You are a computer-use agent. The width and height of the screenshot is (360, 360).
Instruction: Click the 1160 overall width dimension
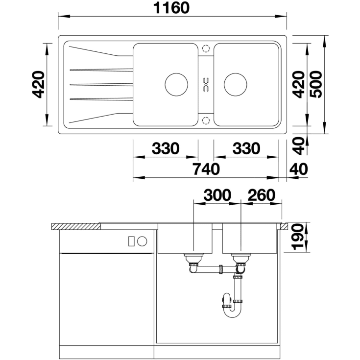pyautogui.click(x=171, y=8)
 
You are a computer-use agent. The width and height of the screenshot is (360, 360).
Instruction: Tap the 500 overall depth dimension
pyautogui.click(x=316, y=84)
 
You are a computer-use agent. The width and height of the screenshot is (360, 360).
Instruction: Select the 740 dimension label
pyautogui.click(x=206, y=169)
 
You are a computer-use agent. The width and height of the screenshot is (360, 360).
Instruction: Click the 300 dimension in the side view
pyautogui.click(x=217, y=195)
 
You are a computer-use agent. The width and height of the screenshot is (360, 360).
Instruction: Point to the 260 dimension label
pyautogui.click(x=262, y=195)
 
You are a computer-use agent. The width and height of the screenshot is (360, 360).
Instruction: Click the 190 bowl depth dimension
pyautogui.click(x=297, y=237)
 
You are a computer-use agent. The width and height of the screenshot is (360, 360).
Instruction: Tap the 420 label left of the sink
pyautogui.click(x=38, y=84)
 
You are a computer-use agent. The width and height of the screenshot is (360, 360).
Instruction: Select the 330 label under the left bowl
pyautogui.click(x=166, y=148)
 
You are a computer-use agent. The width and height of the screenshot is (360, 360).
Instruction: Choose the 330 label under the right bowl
pyautogui.click(x=246, y=148)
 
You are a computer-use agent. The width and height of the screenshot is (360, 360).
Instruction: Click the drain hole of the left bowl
pyautogui.click(x=176, y=84)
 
